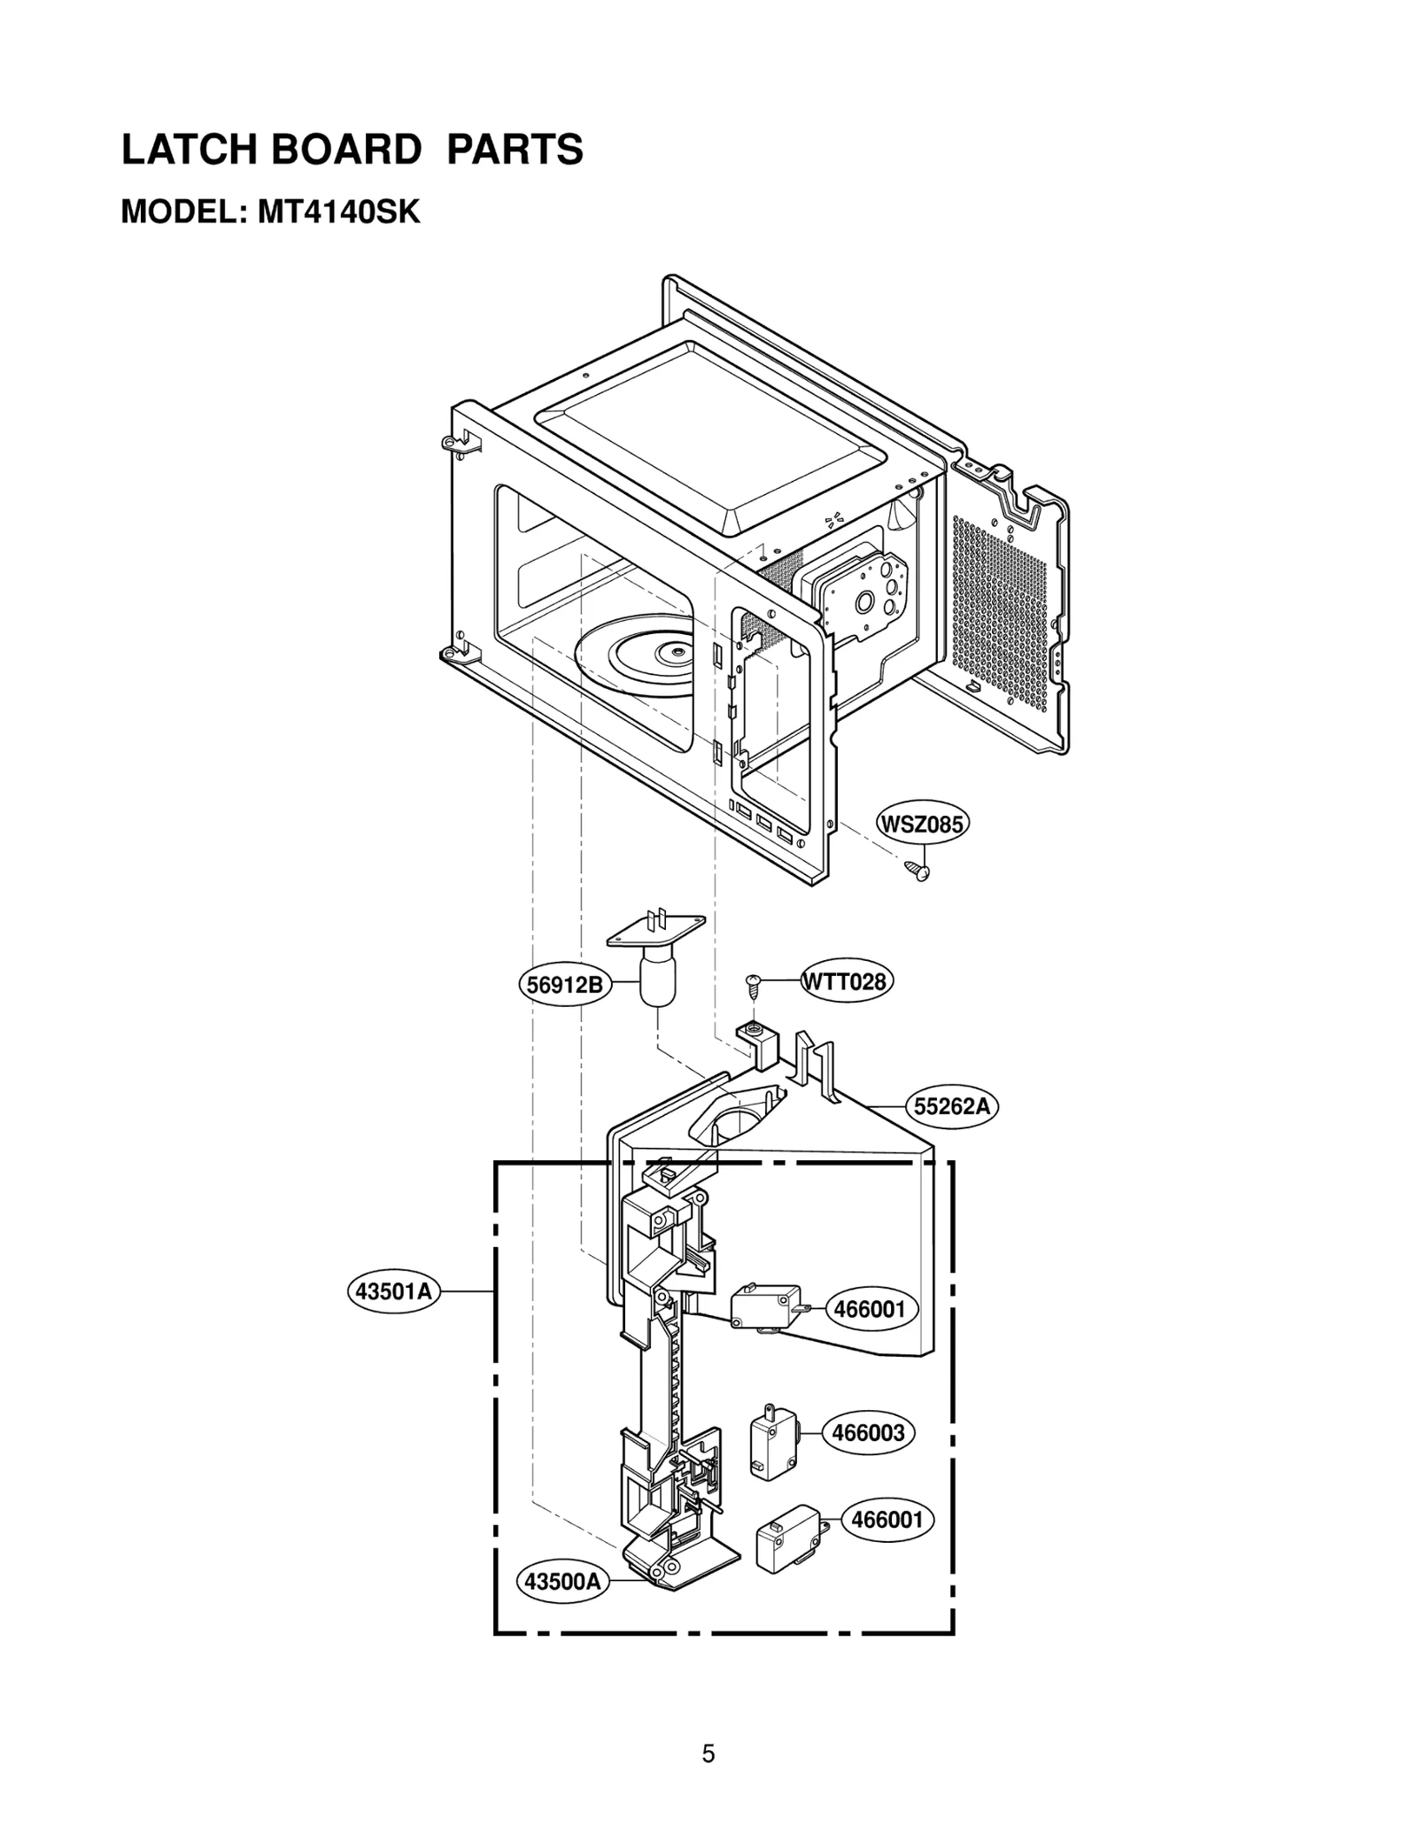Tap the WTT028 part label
point(845,982)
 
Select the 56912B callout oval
point(565,984)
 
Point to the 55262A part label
point(952,1106)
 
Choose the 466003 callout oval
point(869,1433)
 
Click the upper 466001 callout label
point(871,1309)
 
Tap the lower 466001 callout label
point(887,1520)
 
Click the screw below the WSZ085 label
point(917,872)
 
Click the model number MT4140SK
point(337,213)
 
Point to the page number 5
point(708,1754)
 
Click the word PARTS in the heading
point(515,150)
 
